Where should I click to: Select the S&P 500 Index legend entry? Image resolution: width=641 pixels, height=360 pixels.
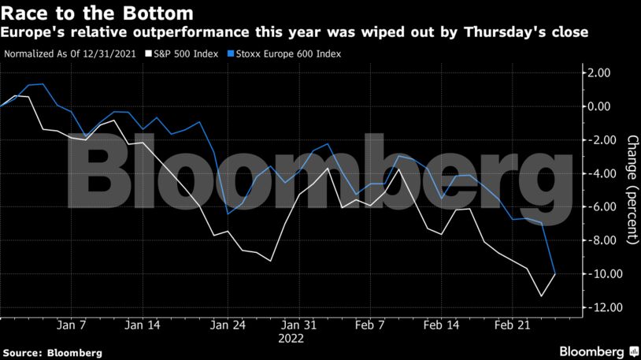point(182,54)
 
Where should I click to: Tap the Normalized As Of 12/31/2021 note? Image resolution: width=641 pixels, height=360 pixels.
point(71,54)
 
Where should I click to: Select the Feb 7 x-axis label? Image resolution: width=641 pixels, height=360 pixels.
point(370,325)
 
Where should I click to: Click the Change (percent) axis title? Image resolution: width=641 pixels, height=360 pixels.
point(632,189)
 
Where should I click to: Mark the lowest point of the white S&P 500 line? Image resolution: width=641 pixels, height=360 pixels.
point(541,296)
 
